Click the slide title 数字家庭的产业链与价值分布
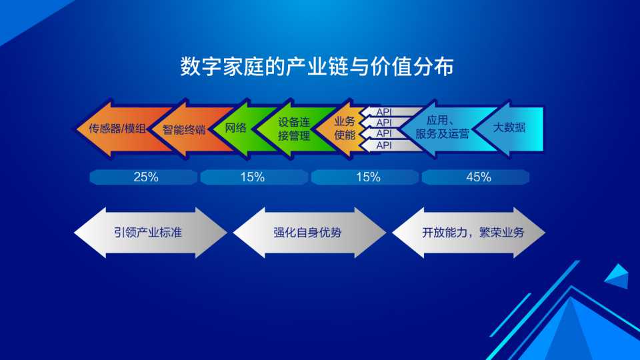point(317,67)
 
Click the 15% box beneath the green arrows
point(254,177)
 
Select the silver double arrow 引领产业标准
point(150,232)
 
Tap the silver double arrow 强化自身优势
point(309,232)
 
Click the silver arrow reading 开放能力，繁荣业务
point(469,232)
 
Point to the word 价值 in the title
point(391,67)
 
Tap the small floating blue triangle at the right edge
point(617,276)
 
